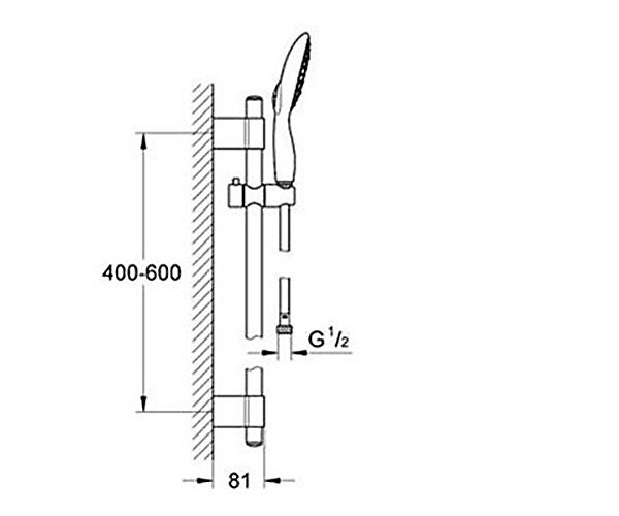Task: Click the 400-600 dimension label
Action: click(x=141, y=273)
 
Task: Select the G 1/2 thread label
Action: click(x=328, y=340)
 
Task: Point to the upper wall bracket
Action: click(x=239, y=133)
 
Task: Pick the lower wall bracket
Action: click(x=239, y=412)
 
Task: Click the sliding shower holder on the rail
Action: click(x=262, y=195)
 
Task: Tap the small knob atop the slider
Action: click(x=236, y=181)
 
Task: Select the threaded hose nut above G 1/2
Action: click(x=284, y=330)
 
